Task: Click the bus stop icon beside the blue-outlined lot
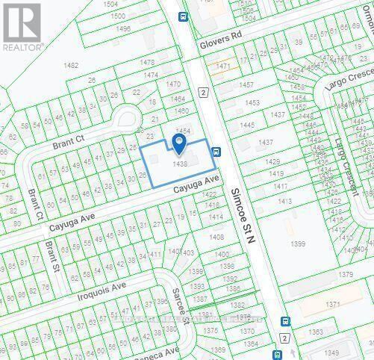[216, 152]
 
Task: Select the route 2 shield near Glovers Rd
[202, 92]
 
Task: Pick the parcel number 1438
[179, 164]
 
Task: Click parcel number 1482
[72, 66]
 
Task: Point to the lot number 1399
[298, 243]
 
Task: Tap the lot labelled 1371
[332, 304]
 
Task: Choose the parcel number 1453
[252, 102]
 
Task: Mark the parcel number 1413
[284, 201]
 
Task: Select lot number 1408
[216, 237]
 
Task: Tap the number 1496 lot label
[122, 28]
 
